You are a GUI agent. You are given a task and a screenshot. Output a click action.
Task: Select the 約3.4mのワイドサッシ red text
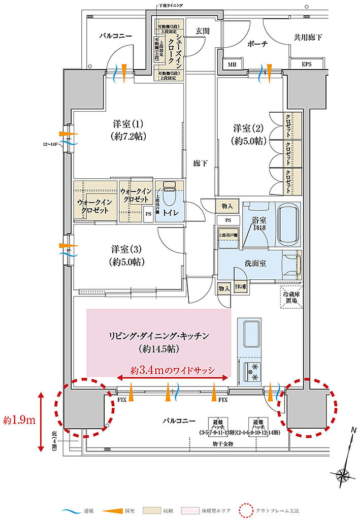point(173,370)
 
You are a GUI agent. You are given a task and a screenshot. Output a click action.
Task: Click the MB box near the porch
point(232,64)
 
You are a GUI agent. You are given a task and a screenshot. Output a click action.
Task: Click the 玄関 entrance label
point(202,31)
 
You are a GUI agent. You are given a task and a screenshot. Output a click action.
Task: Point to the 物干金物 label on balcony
point(223,444)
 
